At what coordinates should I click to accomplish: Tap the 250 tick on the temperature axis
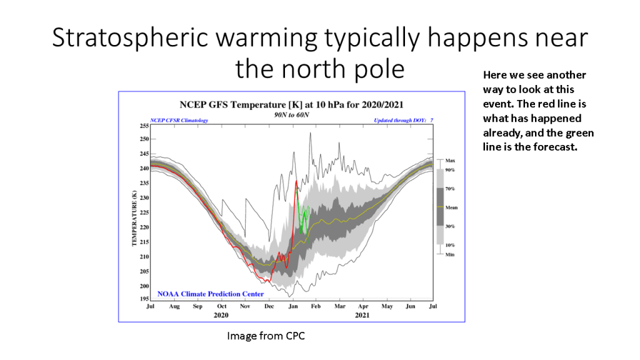tap(144, 139)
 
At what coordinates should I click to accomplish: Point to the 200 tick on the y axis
tap(144, 286)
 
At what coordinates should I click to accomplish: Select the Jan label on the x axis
tap(293, 306)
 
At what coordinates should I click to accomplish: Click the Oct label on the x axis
tap(222, 306)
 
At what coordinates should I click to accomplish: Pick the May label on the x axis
tap(387, 306)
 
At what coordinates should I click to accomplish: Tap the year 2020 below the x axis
tap(221, 315)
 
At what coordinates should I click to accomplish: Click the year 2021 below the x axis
tap(362, 315)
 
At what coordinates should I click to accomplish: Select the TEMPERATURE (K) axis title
tap(134, 218)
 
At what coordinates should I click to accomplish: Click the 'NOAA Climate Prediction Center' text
tap(211, 294)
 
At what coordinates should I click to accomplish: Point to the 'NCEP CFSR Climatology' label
tap(179, 121)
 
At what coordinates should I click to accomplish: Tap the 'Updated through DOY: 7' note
tap(403, 121)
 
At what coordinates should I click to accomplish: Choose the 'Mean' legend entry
tap(451, 207)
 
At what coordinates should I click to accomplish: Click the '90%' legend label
tap(450, 170)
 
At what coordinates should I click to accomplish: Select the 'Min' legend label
tap(449, 254)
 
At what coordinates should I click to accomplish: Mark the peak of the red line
tap(296, 181)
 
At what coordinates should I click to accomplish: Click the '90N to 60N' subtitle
tap(291, 115)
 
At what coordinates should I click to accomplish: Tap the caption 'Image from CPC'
tap(266, 336)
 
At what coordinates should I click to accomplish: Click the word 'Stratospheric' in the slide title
tap(131, 37)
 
